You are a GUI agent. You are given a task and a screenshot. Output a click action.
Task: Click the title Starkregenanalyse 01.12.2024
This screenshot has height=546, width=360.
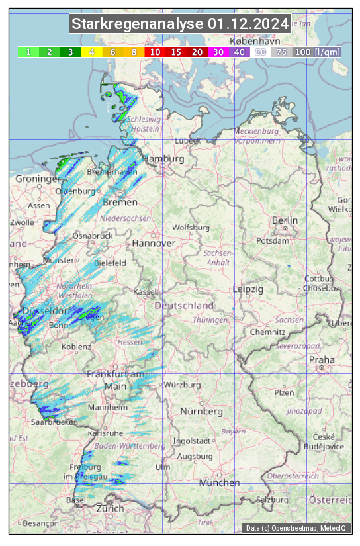(x=180, y=24)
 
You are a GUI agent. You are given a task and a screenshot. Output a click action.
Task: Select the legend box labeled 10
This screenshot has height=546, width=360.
(x=154, y=52)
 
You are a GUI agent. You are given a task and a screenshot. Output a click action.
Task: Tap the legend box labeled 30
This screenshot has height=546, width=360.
(x=218, y=52)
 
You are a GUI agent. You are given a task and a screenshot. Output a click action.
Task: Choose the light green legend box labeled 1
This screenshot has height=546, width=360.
(x=28, y=52)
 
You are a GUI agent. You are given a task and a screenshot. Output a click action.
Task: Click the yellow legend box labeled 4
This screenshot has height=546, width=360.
(x=92, y=52)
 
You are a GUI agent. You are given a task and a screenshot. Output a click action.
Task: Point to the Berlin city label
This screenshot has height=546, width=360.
(x=285, y=220)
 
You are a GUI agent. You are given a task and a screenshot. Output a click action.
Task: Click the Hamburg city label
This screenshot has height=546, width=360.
(x=163, y=159)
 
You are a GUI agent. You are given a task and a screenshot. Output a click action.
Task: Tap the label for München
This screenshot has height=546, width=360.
(x=219, y=483)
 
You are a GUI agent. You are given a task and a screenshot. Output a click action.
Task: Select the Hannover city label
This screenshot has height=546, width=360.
(x=154, y=244)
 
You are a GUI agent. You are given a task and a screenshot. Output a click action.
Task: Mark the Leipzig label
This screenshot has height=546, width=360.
(x=248, y=290)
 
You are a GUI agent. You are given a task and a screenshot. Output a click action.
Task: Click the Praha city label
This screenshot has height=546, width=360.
(x=322, y=359)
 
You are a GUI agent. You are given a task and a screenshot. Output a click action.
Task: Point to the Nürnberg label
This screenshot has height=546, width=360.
(x=202, y=412)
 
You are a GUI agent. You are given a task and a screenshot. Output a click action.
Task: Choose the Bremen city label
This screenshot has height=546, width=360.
(x=120, y=202)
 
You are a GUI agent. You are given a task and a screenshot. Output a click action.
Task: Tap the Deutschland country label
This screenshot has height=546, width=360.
(x=184, y=306)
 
